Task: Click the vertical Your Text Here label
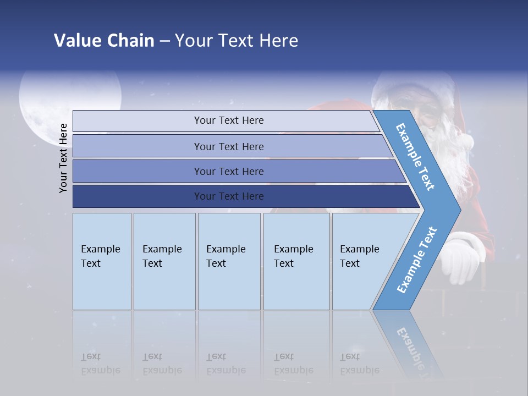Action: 63,158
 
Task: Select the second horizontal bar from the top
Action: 228,146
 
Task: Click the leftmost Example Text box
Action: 102,261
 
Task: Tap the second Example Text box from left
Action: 164,261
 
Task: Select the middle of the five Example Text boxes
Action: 229,261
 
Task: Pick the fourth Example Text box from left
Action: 296,261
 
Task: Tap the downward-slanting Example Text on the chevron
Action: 415,157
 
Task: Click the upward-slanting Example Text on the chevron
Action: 417,260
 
